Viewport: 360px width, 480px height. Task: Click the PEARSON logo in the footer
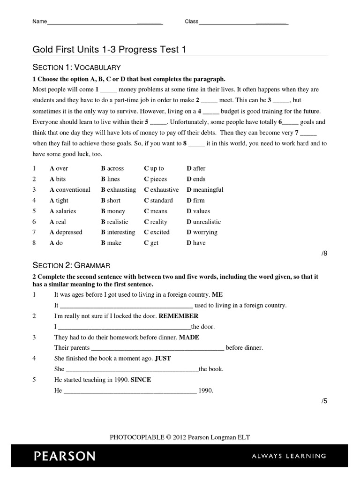pos(64,456)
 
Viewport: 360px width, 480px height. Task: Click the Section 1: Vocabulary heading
pos(76,67)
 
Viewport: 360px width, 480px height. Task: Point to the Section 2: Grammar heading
pos(71,265)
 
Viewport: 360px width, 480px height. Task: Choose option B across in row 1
pos(112,168)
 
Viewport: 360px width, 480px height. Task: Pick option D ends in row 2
pos(196,179)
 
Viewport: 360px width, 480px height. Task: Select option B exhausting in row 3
pos(118,190)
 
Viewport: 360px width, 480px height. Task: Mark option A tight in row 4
pos(59,201)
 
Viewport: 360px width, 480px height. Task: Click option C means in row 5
pos(156,211)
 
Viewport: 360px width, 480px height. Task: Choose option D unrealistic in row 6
pos(203,222)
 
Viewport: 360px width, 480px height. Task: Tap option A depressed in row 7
pos(66,232)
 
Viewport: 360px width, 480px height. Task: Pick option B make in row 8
pos(111,243)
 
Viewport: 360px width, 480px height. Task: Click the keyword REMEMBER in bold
pos(178,316)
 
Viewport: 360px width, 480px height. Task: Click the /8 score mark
pos(324,254)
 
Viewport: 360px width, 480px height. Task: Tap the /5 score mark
pos(324,401)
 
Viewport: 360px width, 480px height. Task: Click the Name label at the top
pos(40,22)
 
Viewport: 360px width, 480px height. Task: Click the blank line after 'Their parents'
pos(157,348)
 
